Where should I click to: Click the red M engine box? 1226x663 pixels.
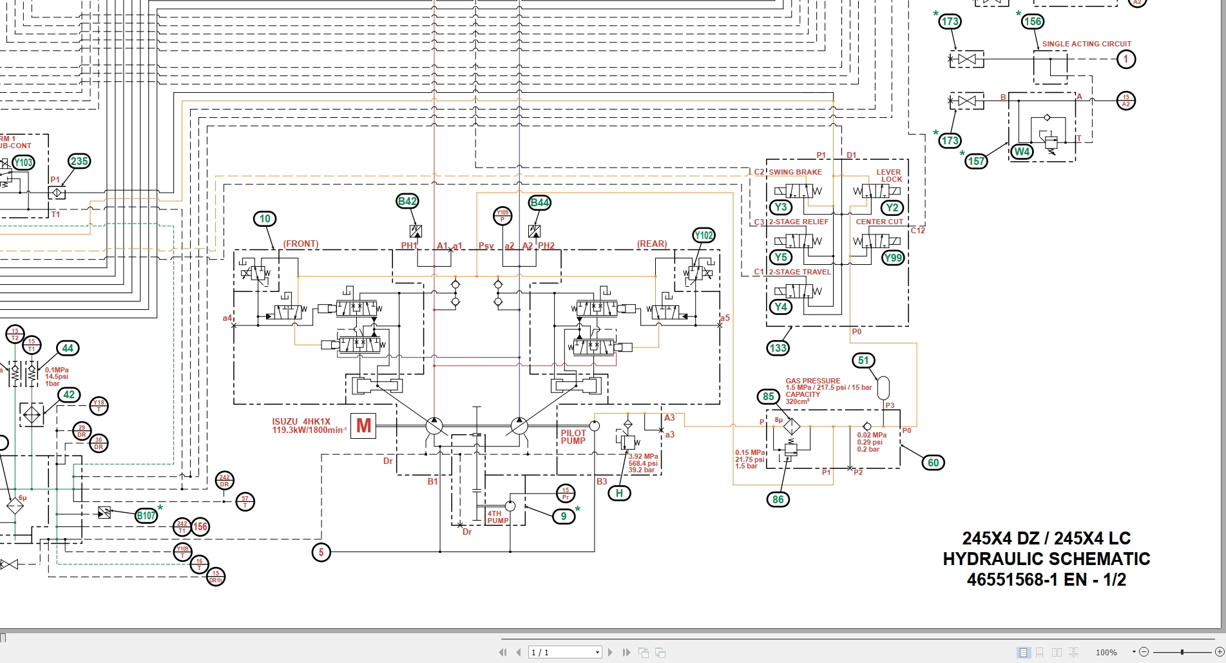pos(363,426)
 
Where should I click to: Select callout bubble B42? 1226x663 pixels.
pos(407,202)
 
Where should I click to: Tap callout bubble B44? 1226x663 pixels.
pos(539,202)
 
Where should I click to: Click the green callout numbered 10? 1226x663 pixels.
pos(265,219)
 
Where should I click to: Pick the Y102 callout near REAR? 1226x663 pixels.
pos(704,235)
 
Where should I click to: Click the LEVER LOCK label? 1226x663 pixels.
pos(889,176)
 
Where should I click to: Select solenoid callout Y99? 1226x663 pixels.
pos(892,258)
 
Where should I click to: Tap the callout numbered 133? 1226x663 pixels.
pos(778,348)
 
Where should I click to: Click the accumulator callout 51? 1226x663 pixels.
pos(863,361)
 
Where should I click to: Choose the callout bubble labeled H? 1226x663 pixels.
pos(619,494)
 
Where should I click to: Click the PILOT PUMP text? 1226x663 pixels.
pos(573,437)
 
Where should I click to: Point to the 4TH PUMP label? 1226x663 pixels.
pos(497,517)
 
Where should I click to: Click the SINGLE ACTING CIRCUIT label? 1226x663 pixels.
pos(1086,44)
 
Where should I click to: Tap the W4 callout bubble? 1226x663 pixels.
pos(1022,152)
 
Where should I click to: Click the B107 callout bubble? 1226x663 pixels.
pos(146,515)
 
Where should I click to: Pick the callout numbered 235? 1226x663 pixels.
pos(79,161)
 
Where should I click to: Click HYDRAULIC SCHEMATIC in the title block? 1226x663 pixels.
pos(1046,559)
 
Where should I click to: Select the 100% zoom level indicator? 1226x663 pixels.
pos(1106,653)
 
